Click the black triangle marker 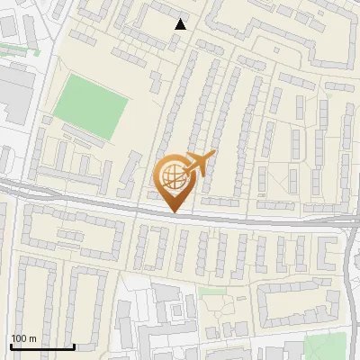coord(181,24)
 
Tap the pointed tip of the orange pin coord(174,212)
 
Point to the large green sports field coord(90,107)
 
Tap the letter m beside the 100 coord(33,338)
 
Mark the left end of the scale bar coord(11,346)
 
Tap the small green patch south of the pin coord(212,291)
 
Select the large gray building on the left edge coord(14,94)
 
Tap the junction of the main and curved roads coord(347,221)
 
